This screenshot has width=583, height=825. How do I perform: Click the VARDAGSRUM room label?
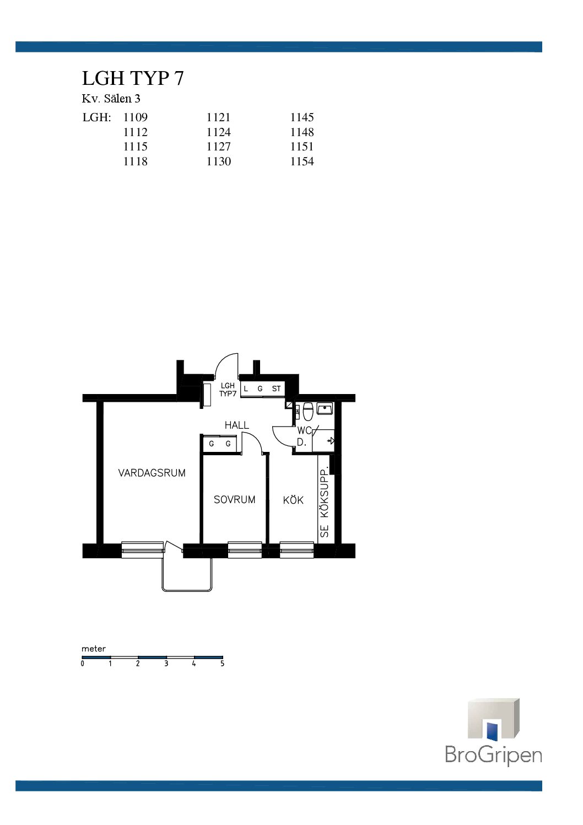[x=152, y=473]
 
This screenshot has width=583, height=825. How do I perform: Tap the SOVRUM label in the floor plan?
[x=234, y=499]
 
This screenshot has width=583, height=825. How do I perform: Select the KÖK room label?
[x=293, y=500]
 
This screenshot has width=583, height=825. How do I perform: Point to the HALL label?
[x=237, y=425]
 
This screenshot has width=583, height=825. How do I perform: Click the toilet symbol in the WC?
[x=308, y=411]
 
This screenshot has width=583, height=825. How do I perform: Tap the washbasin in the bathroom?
[x=325, y=408]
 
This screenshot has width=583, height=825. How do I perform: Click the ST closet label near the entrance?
[x=276, y=389]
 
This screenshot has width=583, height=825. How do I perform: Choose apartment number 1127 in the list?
[x=219, y=147]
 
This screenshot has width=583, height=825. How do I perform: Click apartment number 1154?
[x=302, y=161]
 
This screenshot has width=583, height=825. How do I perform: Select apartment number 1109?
[x=136, y=117]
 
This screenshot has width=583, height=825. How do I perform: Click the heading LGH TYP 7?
[x=133, y=78]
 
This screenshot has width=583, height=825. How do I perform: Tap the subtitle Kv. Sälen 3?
[x=111, y=98]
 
